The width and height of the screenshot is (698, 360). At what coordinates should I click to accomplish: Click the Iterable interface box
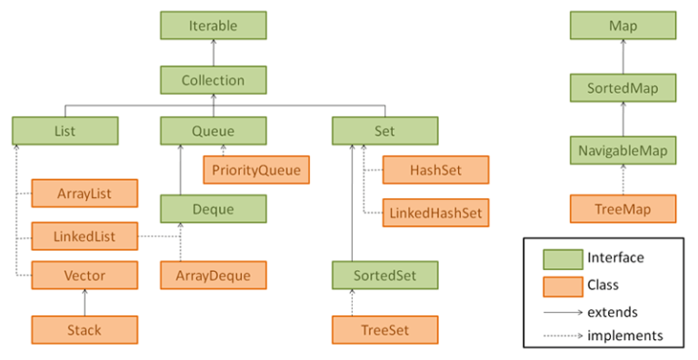pyautogui.click(x=213, y=26)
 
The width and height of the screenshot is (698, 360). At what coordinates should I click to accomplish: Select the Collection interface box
pyautogui.click(x=213, y=80)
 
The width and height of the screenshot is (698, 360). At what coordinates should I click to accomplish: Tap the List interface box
pyautogui.click(x=65, y=132)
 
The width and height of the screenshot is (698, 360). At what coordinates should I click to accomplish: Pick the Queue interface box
pyautogui.click(x=213, y=132)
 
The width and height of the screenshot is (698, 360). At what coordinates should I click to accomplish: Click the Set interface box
pyautogui.click(x=384, y=132)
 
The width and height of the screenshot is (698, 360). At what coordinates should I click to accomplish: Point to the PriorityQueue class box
pyautogui.click(x=255, y=169)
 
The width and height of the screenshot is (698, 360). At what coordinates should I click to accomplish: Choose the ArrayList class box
pyautogui.click(x=85, y=193)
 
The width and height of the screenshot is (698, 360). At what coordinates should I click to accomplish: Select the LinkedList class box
pyautogui.click(x=85, y=235)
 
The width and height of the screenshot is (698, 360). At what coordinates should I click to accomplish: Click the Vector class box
pyautogui.click(x=85, y=275)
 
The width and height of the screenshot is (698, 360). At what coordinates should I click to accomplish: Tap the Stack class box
pyautogui.click(x=85, y=328)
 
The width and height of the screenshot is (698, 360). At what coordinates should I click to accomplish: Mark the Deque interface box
pyautogui.click(x=213, y=209)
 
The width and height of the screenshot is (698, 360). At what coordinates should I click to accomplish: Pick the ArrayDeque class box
pyautogui.click(x=213, y=275)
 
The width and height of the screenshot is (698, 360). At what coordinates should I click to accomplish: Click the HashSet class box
pyautogui.click(x=435, y=169)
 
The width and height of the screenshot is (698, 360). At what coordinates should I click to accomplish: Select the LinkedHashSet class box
pyautogui.click(x=435, y=213)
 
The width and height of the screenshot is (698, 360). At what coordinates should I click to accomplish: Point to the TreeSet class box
pyautogui.click(x=384, y=328)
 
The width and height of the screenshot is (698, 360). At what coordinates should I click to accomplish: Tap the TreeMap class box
pyautogui.click(x=623, y=208)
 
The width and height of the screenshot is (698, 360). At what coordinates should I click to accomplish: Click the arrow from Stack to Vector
pyautogui.click(x=85, y=302)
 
